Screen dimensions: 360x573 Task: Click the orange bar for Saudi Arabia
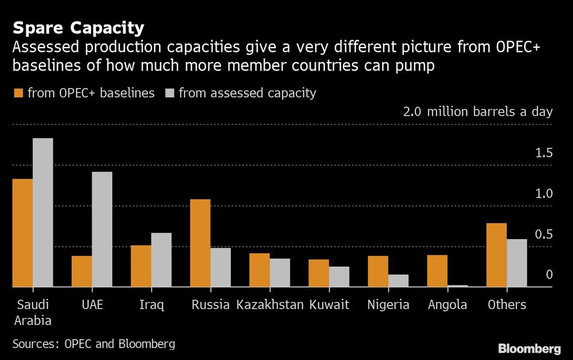click(23, 233)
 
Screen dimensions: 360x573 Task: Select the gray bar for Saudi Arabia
click(43, 213)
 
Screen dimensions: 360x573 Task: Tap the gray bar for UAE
click(102, 229)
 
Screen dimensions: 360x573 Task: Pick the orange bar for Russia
click(200, 243)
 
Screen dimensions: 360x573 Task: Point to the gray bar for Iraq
click(161, 260)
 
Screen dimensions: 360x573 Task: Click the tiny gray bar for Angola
click(457, 285)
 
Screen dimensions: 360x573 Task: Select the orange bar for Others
click(496, 255)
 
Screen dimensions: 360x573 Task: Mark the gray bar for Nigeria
click(398, 280)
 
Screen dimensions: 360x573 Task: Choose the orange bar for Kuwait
click(319, 273)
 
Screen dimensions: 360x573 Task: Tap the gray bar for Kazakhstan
click(280, 272)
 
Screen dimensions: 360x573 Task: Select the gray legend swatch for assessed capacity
click(169, 93)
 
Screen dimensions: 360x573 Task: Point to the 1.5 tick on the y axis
click(544, 153)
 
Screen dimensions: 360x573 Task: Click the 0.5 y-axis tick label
click(544, 234)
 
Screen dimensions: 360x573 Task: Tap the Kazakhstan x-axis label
click(270, 304)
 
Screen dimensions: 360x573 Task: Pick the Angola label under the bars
click(448, 304)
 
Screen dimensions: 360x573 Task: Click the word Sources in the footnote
click(35, 344)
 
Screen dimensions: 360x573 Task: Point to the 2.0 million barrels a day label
click(478, 111)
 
